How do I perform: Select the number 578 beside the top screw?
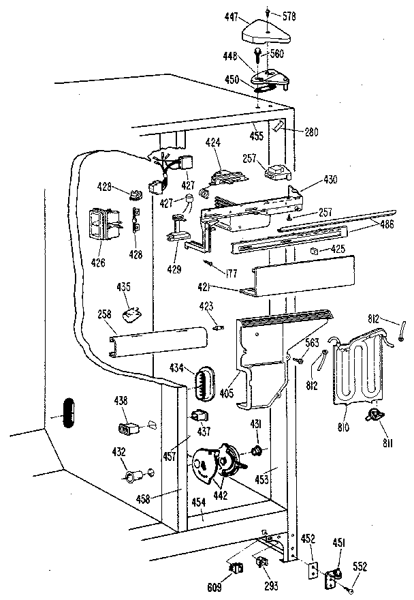click(289, 15)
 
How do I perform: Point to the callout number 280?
click(311, 132)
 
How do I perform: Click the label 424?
click(214, 145)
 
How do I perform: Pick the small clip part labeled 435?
click(131, 314)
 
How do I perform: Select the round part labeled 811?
click(374, 416)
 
